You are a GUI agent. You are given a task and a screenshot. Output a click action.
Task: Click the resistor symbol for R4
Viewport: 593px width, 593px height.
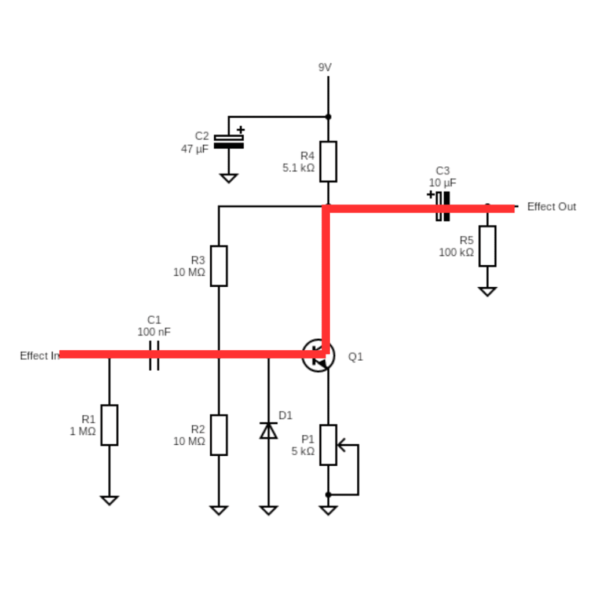pos(328,161)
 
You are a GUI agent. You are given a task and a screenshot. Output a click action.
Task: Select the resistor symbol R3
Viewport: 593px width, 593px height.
pos(218,266)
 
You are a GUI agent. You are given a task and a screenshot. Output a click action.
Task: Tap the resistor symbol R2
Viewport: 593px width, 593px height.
pos(218,435)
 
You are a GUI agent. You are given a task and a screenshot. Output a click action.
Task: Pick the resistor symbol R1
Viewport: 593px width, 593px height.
pos(109,425)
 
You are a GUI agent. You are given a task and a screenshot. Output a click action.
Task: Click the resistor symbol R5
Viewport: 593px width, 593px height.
pos(487,246)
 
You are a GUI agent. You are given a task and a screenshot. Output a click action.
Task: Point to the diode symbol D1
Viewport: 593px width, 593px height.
pos(268,430)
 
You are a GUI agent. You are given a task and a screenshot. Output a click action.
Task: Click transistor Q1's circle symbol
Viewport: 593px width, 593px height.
pos(318,356)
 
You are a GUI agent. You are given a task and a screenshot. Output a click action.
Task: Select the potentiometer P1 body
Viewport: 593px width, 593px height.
pos(328,445)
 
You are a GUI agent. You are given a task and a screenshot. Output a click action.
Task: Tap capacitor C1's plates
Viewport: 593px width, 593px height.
pos(153,355)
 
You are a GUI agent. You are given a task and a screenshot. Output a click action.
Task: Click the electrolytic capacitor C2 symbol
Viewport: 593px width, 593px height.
pos(229,141)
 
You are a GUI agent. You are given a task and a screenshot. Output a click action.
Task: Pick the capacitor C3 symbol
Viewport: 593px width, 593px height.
pos(442,206)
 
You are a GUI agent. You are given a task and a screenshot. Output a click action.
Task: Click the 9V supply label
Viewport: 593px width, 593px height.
pos(325,67)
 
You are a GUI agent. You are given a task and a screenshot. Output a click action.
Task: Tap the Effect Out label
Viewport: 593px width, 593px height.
pos(551,207)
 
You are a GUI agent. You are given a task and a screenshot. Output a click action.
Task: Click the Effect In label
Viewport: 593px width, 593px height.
pos(39,356)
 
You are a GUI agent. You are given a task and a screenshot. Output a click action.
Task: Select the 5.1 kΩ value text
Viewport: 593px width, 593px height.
pos(298,168)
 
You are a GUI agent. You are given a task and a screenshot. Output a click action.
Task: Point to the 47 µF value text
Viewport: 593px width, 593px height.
pos(195,149)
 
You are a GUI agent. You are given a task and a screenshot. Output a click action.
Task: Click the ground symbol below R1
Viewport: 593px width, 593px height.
pos(109,500)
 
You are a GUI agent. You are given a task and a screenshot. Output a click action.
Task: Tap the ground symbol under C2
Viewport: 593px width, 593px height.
pos(229,178)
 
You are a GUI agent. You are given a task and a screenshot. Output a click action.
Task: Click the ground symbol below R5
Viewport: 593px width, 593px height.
pos(487,291)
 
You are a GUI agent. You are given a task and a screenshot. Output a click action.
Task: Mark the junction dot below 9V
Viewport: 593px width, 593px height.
pos(328,116)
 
